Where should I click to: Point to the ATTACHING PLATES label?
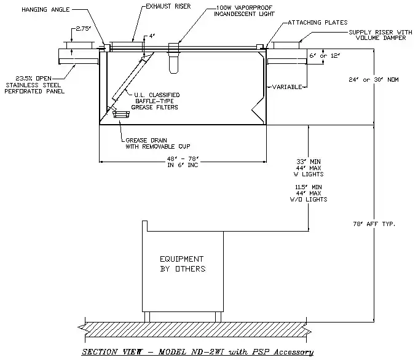(315, 23)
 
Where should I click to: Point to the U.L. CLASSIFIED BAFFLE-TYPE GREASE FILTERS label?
(156, 101)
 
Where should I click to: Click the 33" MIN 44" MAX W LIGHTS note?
(309, 168)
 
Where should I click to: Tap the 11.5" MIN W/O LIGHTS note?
(309, 193)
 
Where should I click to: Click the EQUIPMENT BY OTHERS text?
(182, 264)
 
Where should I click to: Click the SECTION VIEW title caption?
(199, 352)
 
